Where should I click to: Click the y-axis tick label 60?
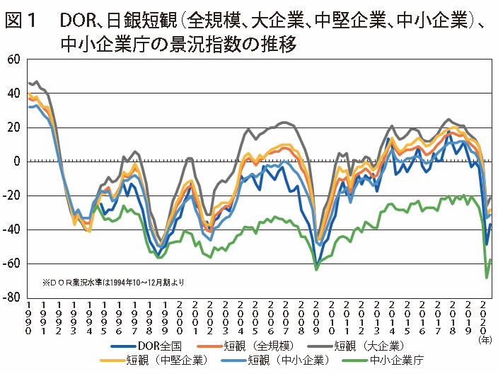pos(13,59)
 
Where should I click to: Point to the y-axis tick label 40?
pos(13,93)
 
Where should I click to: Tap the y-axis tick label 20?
pos(13,127)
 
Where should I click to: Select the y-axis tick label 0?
pos(16,161)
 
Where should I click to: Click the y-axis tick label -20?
pos(11,195)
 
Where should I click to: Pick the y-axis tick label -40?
pos(11,229)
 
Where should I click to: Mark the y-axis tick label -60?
pos(11,263)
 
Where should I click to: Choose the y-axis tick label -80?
pos(11,297)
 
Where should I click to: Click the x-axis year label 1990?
pos(28,319)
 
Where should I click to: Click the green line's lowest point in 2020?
pos(487,277)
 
